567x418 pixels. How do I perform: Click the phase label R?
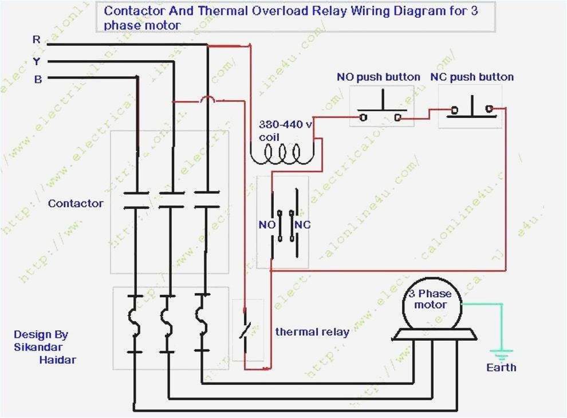(37, 40)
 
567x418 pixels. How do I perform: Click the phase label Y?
(37, 60)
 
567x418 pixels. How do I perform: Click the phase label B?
(38, 80)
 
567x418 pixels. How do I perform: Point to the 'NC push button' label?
(472, 77)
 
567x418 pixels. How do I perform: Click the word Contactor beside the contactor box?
(76, 203)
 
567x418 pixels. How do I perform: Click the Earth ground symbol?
(502, 354)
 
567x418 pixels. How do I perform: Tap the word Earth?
(501, 368)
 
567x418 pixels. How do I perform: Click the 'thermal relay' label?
(312, 332)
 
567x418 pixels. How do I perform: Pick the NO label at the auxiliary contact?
(267, 225)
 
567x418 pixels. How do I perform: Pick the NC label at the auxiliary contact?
(303, 225)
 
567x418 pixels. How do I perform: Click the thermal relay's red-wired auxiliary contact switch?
(245, 330)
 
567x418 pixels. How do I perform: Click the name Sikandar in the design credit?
(38, 347)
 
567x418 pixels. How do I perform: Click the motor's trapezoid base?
(434, 335)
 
